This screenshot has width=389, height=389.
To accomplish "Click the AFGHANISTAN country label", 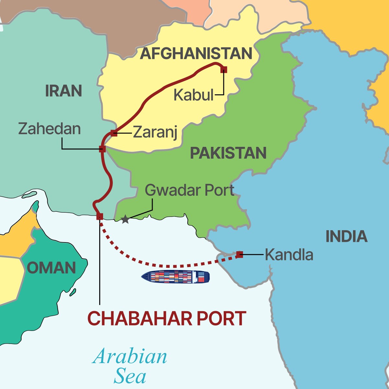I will pos(196,53).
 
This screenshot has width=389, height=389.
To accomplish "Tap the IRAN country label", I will pos(64,91).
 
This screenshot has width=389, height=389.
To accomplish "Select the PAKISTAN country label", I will pos(228,153).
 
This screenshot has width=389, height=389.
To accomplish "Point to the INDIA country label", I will pos(346,237).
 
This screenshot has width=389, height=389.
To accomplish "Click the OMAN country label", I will pos(51,268).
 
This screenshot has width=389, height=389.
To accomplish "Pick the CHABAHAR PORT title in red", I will pos(167,319).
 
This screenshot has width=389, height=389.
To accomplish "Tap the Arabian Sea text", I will pos(130,366).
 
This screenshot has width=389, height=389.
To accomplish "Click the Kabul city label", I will pos(194,95).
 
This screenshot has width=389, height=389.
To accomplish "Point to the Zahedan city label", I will pos(49,129).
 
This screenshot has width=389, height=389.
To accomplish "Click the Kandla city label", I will pos(289,255).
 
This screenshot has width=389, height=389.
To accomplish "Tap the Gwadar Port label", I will pos(189,190).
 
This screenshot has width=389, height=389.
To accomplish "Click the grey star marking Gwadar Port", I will pos(125,219).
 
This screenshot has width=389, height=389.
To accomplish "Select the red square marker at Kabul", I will pos(224,69).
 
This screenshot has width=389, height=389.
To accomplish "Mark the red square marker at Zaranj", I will pos(114,133).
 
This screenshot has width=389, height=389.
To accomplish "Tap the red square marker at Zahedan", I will pos(102,149).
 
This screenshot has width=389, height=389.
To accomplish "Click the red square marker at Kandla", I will pos(240,254).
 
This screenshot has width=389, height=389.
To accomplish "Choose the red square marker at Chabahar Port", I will pos(100,217).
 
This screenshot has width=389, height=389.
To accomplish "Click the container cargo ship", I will pos(175,277).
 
